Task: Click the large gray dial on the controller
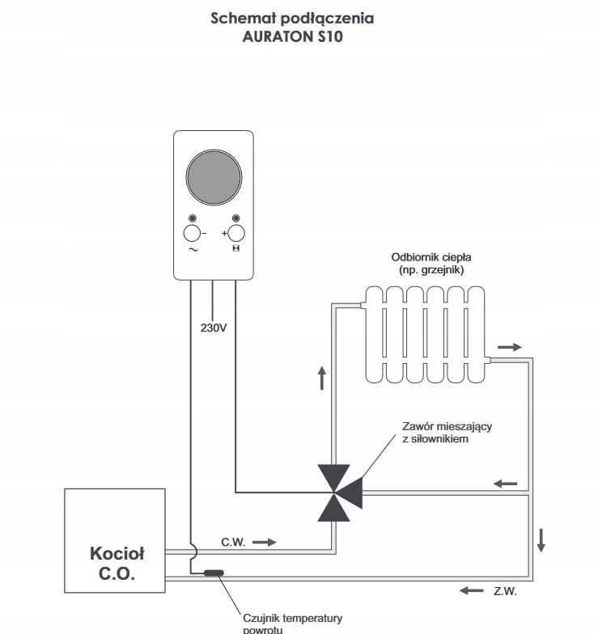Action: [214, 177]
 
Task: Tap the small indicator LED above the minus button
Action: [193, 218]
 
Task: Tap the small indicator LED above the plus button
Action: [236, 218]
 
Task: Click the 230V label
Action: [214, 328]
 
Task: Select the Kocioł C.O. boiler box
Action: [115, 540]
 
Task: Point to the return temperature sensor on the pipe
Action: [214, 573]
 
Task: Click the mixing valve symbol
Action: [340, 493]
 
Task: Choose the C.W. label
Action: [233, 542]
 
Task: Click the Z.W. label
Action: [505, 591]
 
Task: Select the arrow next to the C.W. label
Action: [264, 542]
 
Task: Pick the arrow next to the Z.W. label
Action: [471, 590]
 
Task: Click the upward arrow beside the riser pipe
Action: [322, 378]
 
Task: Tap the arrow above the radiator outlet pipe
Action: [510, 347]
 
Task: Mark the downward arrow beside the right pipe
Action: [541, 540]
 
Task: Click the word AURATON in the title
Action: [277, 36]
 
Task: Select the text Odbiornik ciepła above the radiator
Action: [430, 257]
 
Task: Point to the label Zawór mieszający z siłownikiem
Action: [447, 432]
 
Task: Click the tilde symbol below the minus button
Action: [193, 249]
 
